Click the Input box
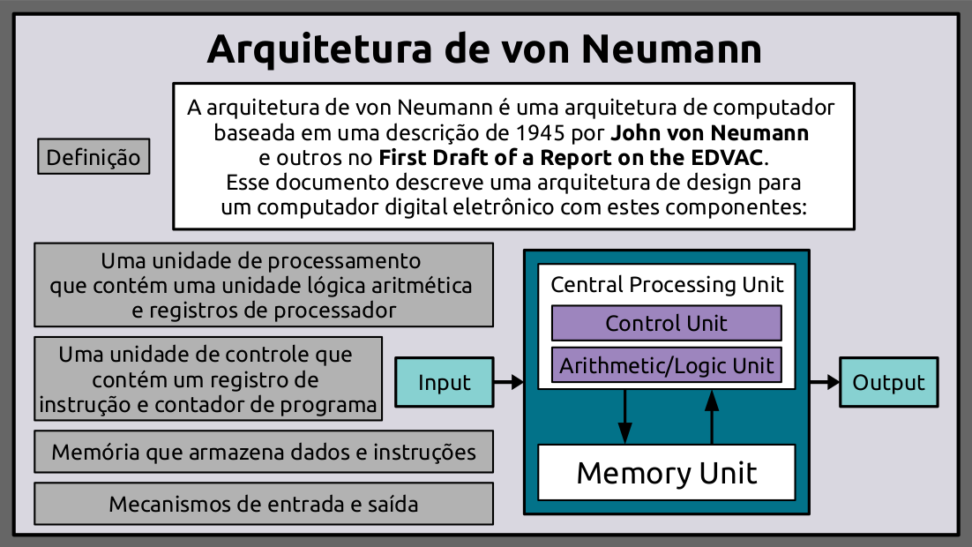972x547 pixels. pyautogui.click(x=444, y=382)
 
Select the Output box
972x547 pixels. pyautogui.click(x=888, y=382)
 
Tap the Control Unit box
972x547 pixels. pyautogui.click(x=666, y=323)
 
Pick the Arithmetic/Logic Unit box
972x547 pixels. pyautogui.click(x=666, y=365)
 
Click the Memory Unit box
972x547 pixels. pyautogui.click(x=666, y=473)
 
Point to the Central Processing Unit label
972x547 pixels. pyautogui.click(x=667, y=285)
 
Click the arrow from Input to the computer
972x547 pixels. pyautogui.click(x=509, y=382)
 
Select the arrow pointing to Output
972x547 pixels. pyautogui.click(x=824, y=382)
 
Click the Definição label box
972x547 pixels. pyautogui.click(x=93, y=157)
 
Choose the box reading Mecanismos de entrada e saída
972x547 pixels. pyautogui.click(x=264, y=505)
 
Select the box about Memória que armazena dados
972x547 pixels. pyautogui.click(x=264, y=453)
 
